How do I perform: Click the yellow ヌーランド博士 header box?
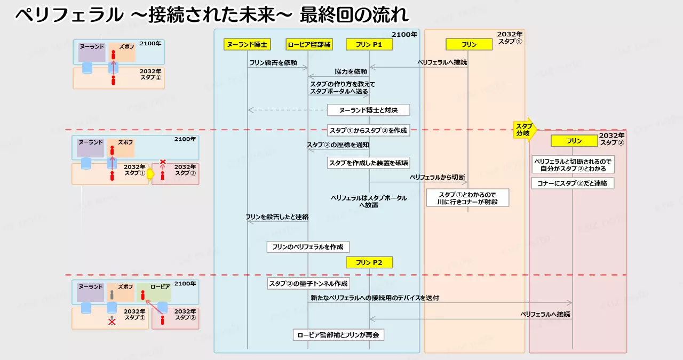(247, 45)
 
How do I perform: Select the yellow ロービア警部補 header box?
(309, 45)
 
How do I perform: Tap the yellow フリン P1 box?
(369, 45)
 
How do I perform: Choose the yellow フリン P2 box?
(369, 262)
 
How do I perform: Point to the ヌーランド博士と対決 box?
(368, 110)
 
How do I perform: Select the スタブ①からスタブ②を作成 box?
(368, 130)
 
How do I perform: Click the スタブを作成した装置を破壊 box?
(368, 163)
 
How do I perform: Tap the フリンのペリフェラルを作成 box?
(308, 247)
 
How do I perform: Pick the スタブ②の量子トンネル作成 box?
(308, 284)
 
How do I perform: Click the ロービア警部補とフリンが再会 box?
(338, 335)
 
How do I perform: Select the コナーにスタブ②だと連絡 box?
(573, 183)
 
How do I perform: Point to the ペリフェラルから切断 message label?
(437, 177)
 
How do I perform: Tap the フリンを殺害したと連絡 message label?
(277, 217)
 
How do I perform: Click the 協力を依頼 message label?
(351, 71)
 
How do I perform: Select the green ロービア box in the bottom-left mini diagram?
(153, 292)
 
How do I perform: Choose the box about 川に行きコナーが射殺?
(467, 197)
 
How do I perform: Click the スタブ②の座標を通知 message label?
(337, 145)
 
